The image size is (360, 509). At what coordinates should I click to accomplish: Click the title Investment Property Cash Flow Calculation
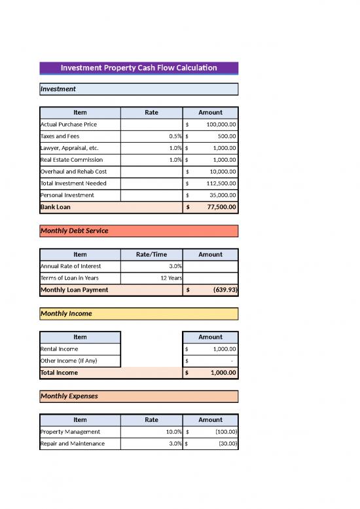coord(139,68)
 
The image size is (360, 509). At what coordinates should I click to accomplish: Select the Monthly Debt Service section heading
coord(75,231)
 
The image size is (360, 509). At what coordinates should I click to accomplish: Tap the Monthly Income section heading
coord(66,314)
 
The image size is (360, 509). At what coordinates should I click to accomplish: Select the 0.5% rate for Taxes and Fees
coord(174,136)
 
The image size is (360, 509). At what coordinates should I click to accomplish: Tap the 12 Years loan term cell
coord(171,278)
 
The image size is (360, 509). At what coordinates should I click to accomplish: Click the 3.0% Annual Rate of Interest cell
coord(173,266)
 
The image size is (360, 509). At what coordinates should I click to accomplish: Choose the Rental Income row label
coord(59,349)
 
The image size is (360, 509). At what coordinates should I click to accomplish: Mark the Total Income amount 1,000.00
coord(223,372)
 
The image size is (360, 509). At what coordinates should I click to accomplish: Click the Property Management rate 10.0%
coord(172,432)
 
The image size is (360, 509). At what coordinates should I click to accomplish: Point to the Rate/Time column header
coord(151,254)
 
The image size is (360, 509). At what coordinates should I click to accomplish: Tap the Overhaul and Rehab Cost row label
coord(73,172)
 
